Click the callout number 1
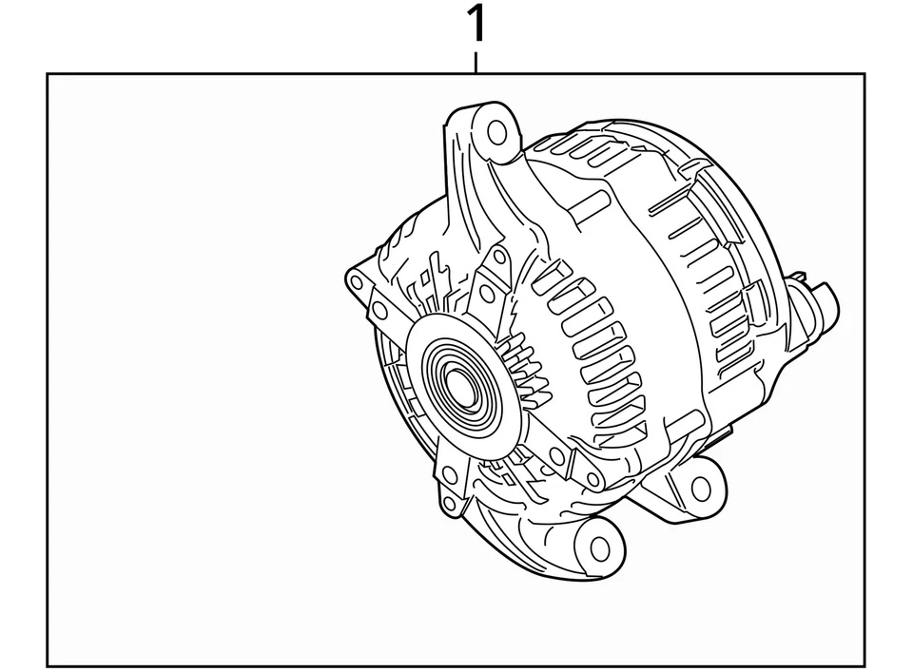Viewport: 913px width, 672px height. pyautogui.click(x=476, y=25)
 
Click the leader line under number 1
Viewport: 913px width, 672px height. pyautogui.click(x=476, y=63)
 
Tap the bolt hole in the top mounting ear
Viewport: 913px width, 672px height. pyautogui.click(x=496, y=131)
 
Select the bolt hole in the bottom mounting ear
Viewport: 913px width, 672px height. pyautogui.click(x=599, y=547)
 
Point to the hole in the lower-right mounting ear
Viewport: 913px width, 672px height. pyautogui.click(x=700, y=489)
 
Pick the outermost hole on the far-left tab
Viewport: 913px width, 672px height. pyautogui.click(x=357, y=282)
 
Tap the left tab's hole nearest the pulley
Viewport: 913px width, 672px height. pyautogui.click(x=379, y=310)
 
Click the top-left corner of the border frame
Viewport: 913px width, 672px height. pyautogui.click(x=49, y=74)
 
